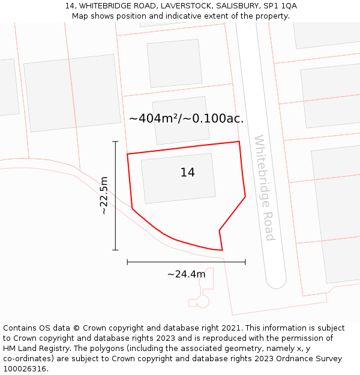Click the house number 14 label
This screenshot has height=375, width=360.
click(x=187, y=173)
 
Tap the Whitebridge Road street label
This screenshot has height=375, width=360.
click(x=264, y=188)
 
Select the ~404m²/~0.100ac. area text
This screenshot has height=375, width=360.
click(x=186, y=119)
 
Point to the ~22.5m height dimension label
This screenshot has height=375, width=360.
click(x=104, y=196)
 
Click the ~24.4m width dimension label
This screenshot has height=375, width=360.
click(x=186, y=274)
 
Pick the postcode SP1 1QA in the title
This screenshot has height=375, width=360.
click(x=280, y=6)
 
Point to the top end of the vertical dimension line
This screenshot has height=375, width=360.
click(x=115, y=142)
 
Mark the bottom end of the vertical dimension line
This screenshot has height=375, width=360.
click(x=115, y=250)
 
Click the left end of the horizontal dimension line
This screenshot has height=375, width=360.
click(x=127, y=262)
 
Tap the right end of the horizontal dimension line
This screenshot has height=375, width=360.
click(x=245, y=262)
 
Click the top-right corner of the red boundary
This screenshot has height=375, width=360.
click(x=239, y=142)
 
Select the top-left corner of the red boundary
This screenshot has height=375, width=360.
click(x=127, y=154)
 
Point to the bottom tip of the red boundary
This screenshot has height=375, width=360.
click(x=222, y=250)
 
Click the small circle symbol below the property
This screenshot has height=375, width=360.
click(x=203, y=301)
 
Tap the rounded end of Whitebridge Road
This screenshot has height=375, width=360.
click(x=277, y=282)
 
